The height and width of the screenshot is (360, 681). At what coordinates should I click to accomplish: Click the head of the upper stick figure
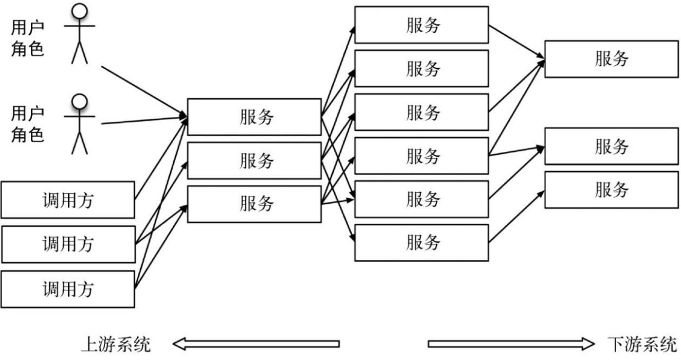click(x=81, y=11)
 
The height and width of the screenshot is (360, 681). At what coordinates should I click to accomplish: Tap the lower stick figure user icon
click(x=81, y=124)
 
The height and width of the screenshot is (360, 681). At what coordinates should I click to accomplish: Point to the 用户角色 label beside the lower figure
click(x=28, y=124)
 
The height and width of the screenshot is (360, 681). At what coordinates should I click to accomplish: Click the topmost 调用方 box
click(x=68, y=199)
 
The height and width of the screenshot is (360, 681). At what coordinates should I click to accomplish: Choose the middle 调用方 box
click(x=68, y=244)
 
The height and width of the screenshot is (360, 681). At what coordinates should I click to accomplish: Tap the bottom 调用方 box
click(x=68, y=289)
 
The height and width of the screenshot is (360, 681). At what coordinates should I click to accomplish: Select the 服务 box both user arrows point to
click(x=254, y=117)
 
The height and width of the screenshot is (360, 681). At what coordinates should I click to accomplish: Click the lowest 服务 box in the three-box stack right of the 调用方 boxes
click(x=254, y=204)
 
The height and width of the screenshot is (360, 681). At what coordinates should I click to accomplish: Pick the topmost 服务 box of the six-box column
click(x=421, y=24)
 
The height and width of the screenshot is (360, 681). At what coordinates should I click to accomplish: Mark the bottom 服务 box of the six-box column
click(x=421, y=243)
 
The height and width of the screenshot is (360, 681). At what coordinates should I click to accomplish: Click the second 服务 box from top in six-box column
click(x=421, y=68)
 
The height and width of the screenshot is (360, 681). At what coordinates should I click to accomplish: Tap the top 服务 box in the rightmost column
click(x=611, y=59)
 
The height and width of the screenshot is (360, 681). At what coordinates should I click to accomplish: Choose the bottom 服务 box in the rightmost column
click(x=611, y=189)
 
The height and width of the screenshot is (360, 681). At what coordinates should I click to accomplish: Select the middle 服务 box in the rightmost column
click(x=611, y=146)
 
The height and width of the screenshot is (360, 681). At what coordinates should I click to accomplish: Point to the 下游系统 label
click(x=643, y=344)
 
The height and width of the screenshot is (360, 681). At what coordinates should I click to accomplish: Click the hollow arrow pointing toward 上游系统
click(x=255, y=344)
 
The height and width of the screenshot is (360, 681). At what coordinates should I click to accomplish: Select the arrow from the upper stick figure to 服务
click(x=144, y=91)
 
